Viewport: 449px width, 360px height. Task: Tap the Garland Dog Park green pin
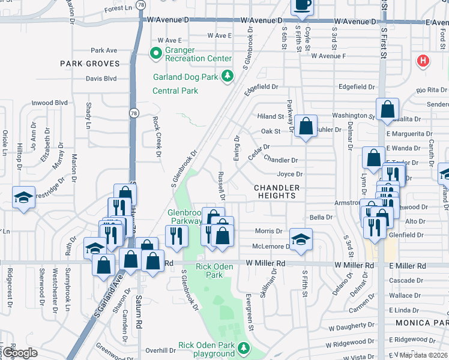coord(228,76)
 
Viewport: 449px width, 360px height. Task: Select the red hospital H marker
coord(423,61)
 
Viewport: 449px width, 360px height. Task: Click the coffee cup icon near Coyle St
coord(301,6)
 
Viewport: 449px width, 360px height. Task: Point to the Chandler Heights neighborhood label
coord(276,192)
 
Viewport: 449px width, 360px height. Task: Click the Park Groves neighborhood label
coord(89,63)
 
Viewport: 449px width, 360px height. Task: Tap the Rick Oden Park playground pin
coord(243,347)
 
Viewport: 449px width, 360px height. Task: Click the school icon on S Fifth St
coord(301,238)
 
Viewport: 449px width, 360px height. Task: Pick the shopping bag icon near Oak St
coord(306,127)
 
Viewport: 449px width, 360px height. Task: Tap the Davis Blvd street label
coord(100,78)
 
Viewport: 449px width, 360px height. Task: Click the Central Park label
coord(175,91)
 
